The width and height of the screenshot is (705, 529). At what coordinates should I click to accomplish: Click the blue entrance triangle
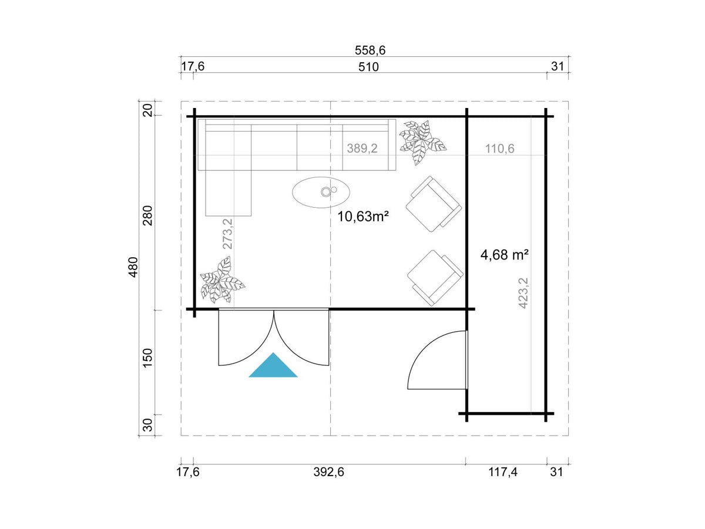pos(273,367)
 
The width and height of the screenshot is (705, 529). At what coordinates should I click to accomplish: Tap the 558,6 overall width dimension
pos(370,50)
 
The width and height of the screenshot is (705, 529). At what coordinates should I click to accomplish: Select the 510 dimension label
pos(368,67)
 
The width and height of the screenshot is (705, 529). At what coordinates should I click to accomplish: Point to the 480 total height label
pos(133,267)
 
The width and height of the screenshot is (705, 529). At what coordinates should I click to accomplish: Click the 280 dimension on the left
pos(147,215)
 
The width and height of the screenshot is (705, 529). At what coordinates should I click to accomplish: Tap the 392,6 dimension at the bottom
pos(328,472)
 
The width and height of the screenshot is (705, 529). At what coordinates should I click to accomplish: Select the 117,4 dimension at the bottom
pos(503,472)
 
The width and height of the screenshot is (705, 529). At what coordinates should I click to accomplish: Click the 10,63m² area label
pos(363,217)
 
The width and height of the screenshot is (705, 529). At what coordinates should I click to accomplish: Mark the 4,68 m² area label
pos(505,255)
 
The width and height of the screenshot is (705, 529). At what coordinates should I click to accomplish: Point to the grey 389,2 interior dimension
pos(362,149)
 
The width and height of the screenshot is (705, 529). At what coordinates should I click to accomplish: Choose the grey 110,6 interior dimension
pos(500,149)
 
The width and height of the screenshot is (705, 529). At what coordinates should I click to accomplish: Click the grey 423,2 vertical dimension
pos(523,294)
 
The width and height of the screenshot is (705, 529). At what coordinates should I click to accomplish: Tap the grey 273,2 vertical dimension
pos(227,234)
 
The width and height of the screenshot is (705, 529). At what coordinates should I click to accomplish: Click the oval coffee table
pos(321,192)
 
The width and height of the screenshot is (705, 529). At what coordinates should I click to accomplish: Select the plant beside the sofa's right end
pos(422,142)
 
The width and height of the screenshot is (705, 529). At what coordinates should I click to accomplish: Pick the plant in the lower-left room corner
pos(221,280)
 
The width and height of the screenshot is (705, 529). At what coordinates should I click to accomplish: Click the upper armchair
pos(434,204)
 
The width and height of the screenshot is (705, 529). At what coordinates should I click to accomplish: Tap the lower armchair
pos(435,278)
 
